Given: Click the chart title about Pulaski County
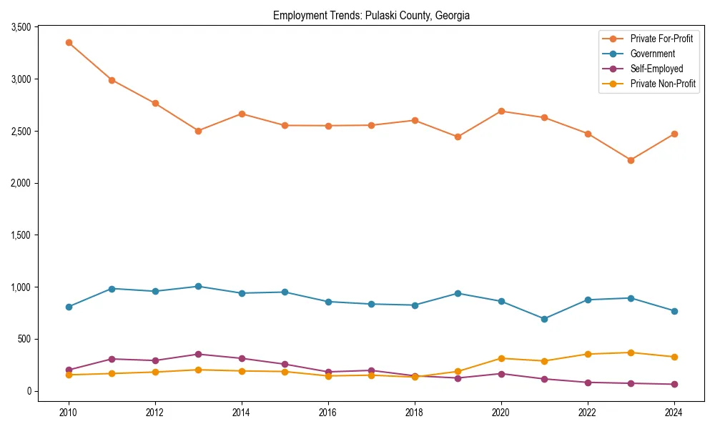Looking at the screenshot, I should [x=371, y=15].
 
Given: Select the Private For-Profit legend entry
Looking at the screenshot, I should [x=661, y=39].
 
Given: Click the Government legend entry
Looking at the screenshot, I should [x=652, y=54].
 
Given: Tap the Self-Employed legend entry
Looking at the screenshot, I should [x=656, y=69].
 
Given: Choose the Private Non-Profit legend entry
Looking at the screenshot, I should [x=663, y=84].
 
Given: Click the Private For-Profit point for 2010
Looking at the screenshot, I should [x=69, y=42].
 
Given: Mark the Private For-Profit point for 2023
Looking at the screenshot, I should [x=631, y=160].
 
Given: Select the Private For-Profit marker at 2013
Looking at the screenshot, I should [x=198, y=131].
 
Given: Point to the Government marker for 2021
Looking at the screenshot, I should [x=544, y=319].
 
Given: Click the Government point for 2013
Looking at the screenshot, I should [x=198, y=286].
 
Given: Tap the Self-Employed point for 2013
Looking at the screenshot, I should [x=198, y=354].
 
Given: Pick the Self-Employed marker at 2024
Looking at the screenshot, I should [x=674, y=384].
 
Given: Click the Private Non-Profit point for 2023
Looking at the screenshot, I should [x=631, y=352].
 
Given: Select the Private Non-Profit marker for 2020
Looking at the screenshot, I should [x=501, y=358].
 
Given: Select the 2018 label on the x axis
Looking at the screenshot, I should [x=415, y=413].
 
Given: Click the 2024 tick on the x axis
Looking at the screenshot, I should [x=674, y=413].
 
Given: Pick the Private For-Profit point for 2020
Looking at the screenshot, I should [x=501, y=111].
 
